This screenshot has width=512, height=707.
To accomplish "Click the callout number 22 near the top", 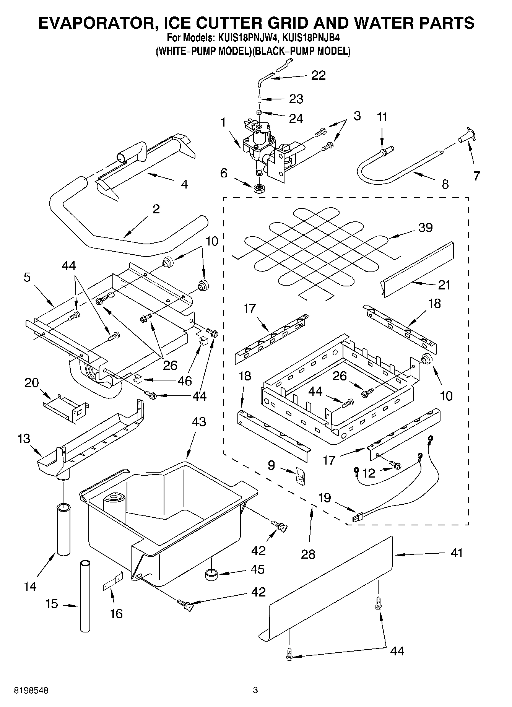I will pos(318,75).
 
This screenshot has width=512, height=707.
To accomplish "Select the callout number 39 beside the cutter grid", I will pos(425,228).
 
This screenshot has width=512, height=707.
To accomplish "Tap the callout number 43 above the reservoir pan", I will pos(198,422).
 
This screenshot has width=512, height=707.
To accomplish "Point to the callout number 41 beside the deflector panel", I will pos(456,553).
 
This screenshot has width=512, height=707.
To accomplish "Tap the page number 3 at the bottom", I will pos(255,690).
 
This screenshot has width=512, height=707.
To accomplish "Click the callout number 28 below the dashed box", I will pos(308,554).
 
